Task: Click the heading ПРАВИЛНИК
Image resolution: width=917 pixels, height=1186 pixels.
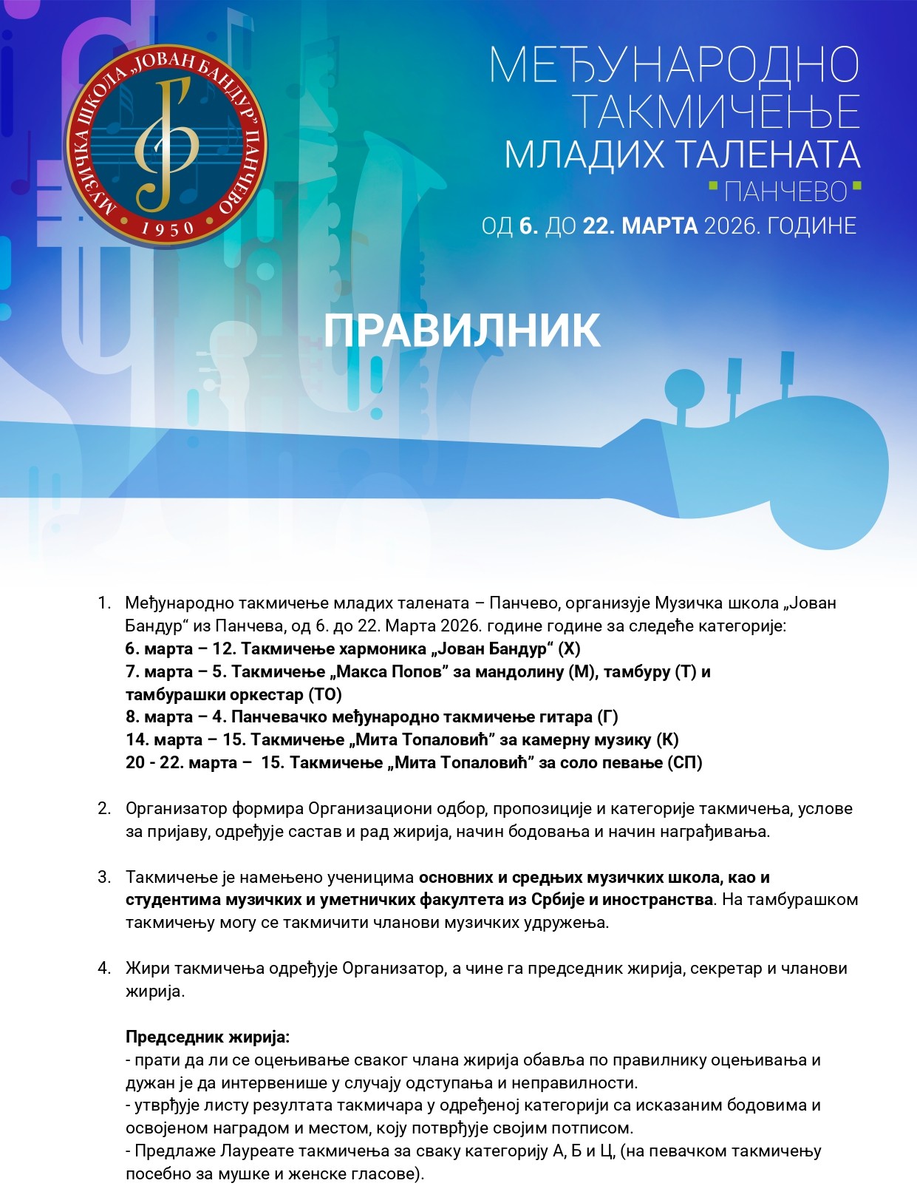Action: pyautogui.click(x=461, y=331)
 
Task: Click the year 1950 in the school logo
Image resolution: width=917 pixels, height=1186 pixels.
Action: pyautogui.click(x=167, y=227)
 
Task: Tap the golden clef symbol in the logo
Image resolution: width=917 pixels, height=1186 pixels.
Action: pyautogui.click(x=166, y=144)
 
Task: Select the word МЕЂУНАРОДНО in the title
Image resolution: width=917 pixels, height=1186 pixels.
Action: pyautogui.click(x=674, y=65)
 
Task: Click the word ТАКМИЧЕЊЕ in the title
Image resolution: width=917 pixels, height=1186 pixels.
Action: pyautogui.click(x=716, y=112)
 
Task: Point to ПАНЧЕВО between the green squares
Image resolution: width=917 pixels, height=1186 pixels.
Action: pyautogui.click(x=785, y=192)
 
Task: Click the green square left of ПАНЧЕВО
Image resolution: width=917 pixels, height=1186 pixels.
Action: pyautogui.click(x=713, y=186)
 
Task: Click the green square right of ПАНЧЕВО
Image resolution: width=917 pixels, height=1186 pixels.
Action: pyautogui.click(x=856, y=186)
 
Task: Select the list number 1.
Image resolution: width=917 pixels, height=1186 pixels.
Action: pyautogui.click(x=103, y=603)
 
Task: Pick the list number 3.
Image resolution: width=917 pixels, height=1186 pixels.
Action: pyautogui.click(x=103, y=878)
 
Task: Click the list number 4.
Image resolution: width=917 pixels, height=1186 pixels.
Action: pyautogui.click(x=103, y=969)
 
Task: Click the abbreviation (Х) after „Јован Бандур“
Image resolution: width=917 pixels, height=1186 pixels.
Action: pyautogui.click(x=569, y=649)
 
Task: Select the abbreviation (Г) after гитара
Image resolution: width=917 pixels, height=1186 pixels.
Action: pyautogui.click(x=607, y=717)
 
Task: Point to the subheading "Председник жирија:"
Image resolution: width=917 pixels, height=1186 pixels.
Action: pyautogui.click(x=208, y=1037)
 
